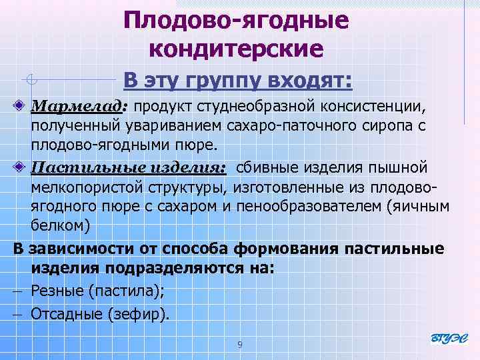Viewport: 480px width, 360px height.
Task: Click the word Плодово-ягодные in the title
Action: point(236,20)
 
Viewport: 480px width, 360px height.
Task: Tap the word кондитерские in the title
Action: point(236,49)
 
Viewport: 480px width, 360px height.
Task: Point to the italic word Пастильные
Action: point(77,167)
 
